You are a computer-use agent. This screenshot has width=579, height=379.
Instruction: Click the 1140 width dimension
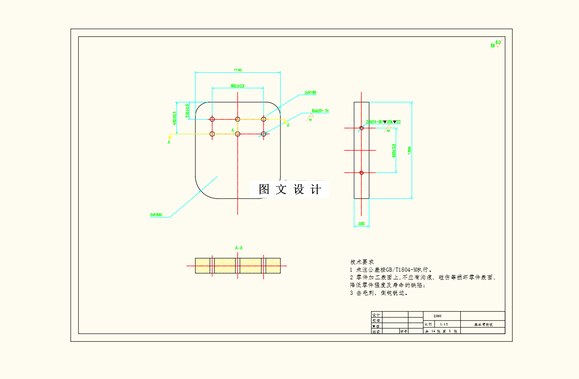[x=237, y=70]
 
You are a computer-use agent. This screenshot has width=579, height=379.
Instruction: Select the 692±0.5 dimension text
[x=237, y=86]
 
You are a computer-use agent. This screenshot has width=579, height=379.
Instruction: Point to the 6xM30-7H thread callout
[x=320, y=111]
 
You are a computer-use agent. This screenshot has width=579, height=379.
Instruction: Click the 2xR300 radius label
[x=156, y=215]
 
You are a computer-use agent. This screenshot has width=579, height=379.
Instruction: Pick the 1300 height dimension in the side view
[x=409, y=150]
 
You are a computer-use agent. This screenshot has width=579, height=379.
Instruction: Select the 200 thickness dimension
[x=361, y=224]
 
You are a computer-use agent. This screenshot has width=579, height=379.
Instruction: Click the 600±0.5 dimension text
[x=394, y=150]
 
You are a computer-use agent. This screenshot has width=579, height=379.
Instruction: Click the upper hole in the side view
[x=362, y=128]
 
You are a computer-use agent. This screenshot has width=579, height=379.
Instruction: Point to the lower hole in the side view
[x=362, y=172]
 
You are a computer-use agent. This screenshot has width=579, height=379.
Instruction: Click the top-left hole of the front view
[x=212, y=119]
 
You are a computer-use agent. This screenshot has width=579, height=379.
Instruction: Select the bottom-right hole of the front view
[x=263, y=134]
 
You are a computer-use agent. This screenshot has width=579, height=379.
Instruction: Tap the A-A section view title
[x=239, y=248]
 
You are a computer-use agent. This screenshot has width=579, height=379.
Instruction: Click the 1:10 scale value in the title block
[x=444, y=324]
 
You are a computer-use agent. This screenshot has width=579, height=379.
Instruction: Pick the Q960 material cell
[x=437, y=316]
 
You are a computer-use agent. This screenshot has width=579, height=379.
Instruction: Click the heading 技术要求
[x=362, y=262]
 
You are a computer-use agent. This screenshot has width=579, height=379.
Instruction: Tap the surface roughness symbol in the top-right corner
[x=496, y=45]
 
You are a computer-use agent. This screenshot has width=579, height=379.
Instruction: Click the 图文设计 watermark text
[x=290, y=189]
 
